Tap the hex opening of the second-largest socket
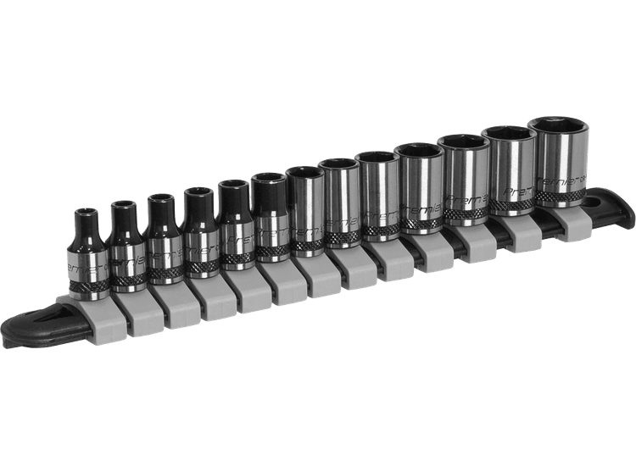pyautogui.click(x=506, y=134)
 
